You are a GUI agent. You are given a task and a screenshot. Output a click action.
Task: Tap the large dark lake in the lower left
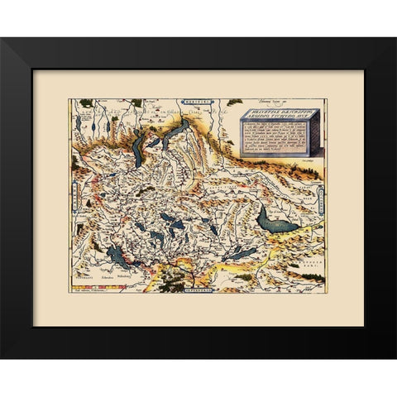click(118, 258)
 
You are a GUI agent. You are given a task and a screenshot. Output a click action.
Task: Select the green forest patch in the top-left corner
click(83, 104)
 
